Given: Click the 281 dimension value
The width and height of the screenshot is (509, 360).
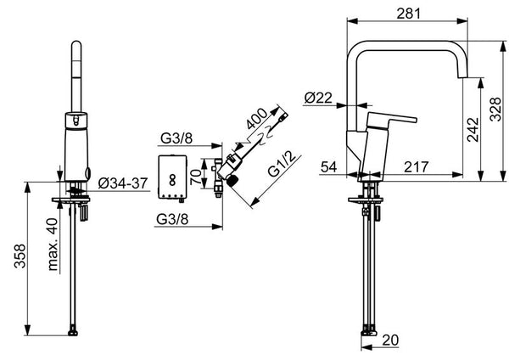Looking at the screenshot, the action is pyautogui.click(x=408, y=14).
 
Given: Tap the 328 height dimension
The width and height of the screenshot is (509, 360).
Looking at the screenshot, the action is pyautogui.click(x=495, y=110).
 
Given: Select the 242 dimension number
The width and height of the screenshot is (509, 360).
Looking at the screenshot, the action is pyautogui.click(x=473, y=130).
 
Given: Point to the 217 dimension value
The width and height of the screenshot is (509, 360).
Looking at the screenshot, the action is pyautogui.click(x=417, y=167).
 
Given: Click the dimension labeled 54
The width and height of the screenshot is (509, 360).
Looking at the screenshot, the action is pyautogui.click(x=329, y=167).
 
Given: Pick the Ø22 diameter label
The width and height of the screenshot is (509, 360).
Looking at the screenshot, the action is pyautogui.click(x=318, y=98).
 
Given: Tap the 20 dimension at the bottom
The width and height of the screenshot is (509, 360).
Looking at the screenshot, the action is pyautogui.click(x=390, y=340).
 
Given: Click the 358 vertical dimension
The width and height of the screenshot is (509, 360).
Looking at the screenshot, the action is pyautogui.click(x=20, y=256).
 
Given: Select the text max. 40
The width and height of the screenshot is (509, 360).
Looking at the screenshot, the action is pyautogui.click(x=53, y=245).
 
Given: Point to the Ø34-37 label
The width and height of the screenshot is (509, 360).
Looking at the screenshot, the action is pyautogui.click(x=123, y=183).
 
